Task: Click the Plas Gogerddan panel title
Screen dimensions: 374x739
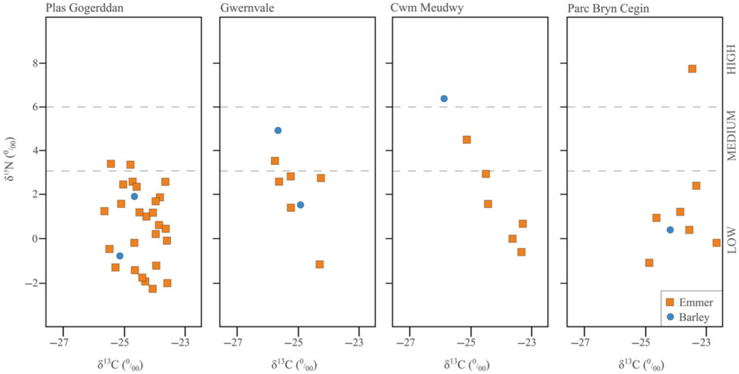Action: click(x=84, y=8)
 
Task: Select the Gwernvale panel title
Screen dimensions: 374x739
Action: click(x=247, y=8)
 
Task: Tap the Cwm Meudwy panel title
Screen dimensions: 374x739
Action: click(x=427, y=8)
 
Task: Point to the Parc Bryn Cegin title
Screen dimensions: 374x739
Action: click(x=608, y=9)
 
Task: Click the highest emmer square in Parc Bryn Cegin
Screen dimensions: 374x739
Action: click(x=692, y=69)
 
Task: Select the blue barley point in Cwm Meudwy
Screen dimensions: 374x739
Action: click(x=444, y=99)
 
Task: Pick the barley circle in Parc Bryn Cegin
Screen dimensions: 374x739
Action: click(x=670, y=230)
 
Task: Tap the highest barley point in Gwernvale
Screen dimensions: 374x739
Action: click(x=278, y=130)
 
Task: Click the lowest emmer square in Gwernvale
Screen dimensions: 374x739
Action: click(x=320, y=264)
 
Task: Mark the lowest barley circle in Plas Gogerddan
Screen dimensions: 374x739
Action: click(x=120, y=256)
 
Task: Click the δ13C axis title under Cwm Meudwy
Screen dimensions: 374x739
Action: click(x=466, y=365)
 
